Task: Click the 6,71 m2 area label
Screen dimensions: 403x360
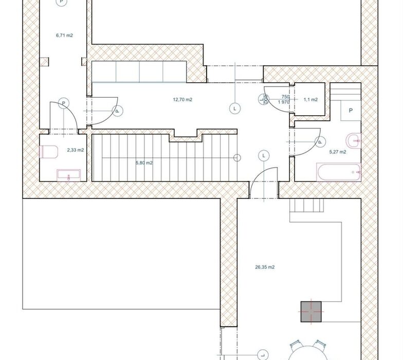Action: click(64, 35)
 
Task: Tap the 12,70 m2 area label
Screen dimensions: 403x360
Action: click(182, 100)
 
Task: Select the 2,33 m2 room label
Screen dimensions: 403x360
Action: click(75, 150)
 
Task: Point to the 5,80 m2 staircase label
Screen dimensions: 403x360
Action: click(144, 163)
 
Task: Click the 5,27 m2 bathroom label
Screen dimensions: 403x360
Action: click(337, 152)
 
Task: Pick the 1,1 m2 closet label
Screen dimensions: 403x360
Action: click(310, 100)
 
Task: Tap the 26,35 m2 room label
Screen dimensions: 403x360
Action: click(265, 267)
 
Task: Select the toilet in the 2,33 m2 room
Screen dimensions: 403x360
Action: click(48, 152)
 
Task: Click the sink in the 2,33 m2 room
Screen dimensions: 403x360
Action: click(68, 175)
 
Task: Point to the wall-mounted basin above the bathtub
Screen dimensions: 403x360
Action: click(354, 141)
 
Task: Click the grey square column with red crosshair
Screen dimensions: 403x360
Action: click(311, 312)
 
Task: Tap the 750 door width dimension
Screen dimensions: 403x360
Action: click(286, 97)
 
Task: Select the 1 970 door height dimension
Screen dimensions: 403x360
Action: click(284, 102)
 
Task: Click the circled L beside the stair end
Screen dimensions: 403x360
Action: click(264, 155)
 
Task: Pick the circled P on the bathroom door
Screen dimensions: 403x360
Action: click(320, 142)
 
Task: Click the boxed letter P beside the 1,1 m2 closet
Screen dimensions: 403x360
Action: click(351, 111)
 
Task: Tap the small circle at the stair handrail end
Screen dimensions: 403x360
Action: click(237, 157)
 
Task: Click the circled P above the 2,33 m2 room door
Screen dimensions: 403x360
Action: click(64, 103)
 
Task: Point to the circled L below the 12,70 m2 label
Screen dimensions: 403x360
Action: click(234, 109)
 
